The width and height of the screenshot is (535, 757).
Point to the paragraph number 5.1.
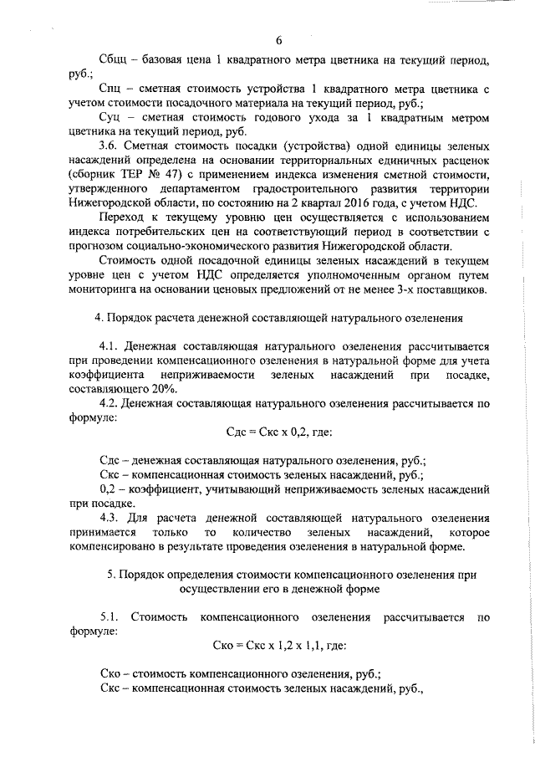(110, 617)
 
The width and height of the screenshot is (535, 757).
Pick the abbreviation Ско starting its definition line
(110, 673)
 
